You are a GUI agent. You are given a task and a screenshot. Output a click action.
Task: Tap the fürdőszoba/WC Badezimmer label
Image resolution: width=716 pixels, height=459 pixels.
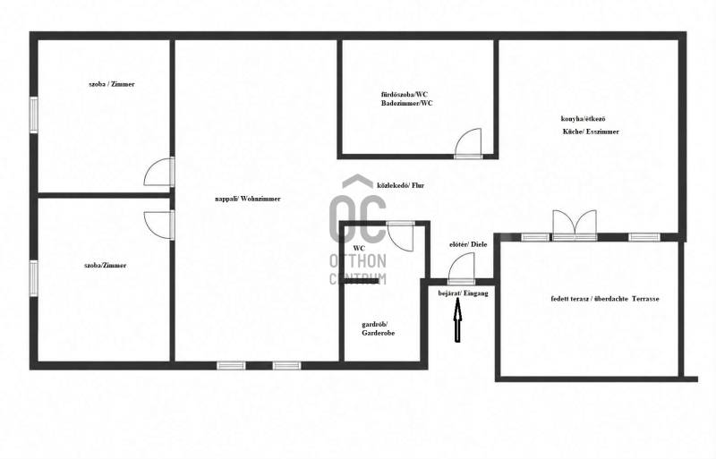pos(407,98)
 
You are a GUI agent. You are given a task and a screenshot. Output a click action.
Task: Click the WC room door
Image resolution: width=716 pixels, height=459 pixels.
pos(401,235)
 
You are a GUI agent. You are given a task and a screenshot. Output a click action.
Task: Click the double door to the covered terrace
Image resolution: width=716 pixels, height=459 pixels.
pos(575,225)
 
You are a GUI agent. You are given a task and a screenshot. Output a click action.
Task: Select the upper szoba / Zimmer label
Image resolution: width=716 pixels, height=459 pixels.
pos(112,84)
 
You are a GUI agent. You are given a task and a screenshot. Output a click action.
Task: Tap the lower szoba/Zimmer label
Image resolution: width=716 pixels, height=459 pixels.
pos(106,266)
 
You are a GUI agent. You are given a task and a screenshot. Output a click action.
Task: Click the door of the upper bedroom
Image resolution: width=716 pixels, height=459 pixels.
pos(159,171)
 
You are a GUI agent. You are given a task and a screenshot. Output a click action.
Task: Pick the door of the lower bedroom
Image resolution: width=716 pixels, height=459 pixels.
pos(159,225)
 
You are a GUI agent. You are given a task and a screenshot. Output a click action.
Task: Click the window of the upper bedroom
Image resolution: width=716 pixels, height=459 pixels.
pos(34,115)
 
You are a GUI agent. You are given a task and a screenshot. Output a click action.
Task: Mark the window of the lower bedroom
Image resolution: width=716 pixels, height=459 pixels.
pos(34,278)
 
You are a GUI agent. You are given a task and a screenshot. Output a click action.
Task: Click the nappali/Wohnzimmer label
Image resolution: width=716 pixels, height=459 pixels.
pos(248,199)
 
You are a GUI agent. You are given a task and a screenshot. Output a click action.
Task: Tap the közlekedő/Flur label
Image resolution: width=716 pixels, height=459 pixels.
pos(400,185)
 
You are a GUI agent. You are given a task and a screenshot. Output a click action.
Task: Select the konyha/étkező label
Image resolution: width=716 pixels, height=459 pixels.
pos(584,119)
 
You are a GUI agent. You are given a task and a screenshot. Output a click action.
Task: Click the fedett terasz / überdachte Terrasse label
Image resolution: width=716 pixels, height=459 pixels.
pos(605,299)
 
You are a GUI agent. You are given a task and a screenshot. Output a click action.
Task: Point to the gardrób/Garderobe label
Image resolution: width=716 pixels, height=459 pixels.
pos(378,329)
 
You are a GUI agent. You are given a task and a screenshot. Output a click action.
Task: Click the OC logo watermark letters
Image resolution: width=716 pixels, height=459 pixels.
pos(357,218)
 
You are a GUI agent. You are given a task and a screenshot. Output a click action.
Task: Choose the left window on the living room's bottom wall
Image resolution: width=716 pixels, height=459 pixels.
pos(231,365)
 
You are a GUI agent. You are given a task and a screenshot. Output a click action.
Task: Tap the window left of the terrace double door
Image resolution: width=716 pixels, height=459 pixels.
pos(535,237)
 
